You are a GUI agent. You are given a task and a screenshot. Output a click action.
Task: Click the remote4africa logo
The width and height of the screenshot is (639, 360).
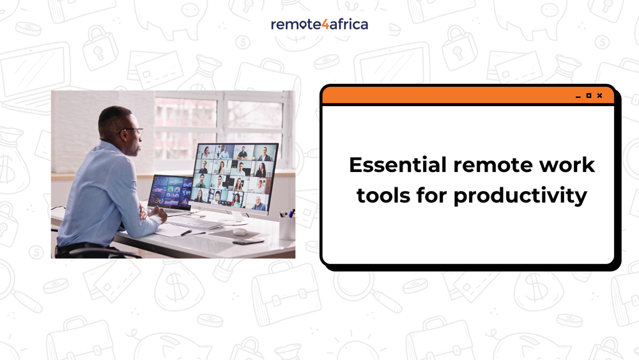coord(319,24)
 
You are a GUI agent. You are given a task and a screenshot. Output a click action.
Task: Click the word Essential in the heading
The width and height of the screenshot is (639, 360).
coord(397,166)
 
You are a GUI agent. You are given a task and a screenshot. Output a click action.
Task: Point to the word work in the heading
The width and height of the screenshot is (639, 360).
coord(566,166)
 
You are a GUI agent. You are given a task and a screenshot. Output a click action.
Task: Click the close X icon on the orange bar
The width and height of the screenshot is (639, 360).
coord(599,96)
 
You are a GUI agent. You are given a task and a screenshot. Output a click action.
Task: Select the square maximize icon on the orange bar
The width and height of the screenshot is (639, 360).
coord(589,96)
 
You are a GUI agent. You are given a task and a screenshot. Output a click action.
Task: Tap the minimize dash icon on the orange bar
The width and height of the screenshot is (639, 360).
coord(578,97)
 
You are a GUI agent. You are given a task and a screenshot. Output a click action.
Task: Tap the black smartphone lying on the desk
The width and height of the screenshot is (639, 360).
coord(249,242)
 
